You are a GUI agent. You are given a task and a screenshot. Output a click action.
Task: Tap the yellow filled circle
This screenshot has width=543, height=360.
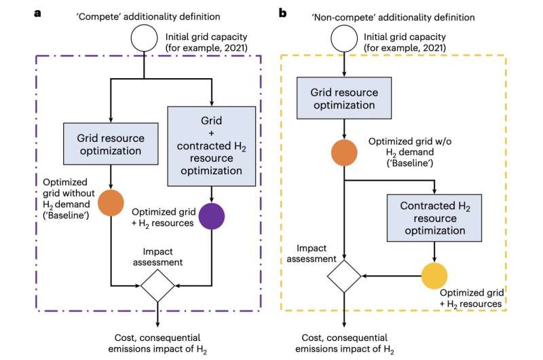pyautogui.click(x=436, y=277)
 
